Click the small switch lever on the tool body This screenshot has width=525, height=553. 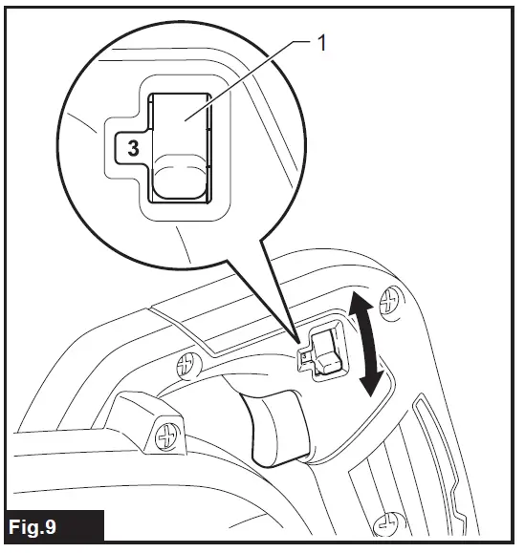point(325,351)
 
